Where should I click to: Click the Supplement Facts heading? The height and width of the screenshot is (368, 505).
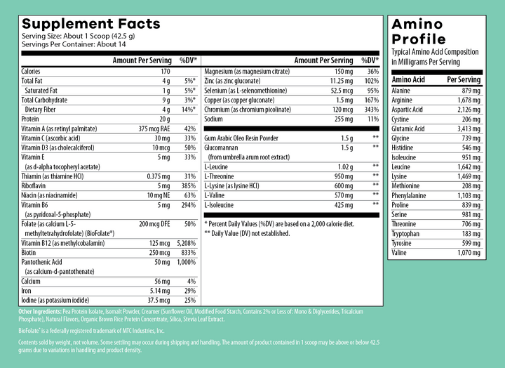(x=90, y=24)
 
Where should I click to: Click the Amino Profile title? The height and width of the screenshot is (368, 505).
(x=419, y=32)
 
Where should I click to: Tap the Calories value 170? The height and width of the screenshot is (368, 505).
(x=165, y=71)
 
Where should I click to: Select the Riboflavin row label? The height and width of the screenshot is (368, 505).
(x=33, y=186)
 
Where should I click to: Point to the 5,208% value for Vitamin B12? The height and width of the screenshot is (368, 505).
(x=186, y=243)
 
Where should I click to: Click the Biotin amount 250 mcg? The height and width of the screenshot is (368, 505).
(x=159, y=253)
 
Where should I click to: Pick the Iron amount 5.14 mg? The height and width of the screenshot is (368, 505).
(x=160, y=291)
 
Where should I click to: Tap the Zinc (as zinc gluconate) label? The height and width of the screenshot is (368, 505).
(x=232, y=81)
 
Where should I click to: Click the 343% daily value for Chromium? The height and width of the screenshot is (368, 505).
(x=372, y=110)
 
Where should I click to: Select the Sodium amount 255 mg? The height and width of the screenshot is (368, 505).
(x=344, y=119)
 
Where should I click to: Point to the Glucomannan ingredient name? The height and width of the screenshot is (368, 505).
(x=221, y=147)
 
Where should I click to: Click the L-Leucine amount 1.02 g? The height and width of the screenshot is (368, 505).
(x=345, y=166)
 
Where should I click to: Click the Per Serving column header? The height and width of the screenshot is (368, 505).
(x=464, y=79)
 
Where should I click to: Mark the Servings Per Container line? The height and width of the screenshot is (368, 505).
(x=74, y=44)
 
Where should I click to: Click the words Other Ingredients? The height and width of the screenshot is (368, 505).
(x=39, y=312)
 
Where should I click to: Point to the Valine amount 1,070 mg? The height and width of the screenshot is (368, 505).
(x=469, y=253)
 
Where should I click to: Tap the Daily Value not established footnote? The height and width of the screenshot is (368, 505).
(x=247, y=233)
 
